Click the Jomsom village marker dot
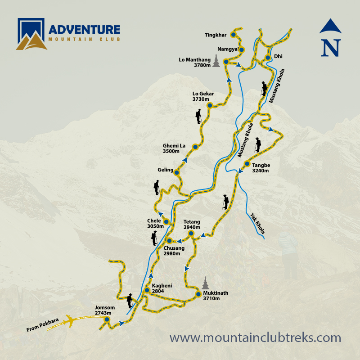coord(107,319)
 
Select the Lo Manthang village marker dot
coord(226,62)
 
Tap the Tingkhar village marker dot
coord(234,34)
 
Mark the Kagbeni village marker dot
coord(147,290)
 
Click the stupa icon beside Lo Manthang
coord(217,61)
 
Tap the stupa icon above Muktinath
coord(206,283)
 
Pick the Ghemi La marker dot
coord(195,147)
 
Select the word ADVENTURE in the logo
coord(84,30)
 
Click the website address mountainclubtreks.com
coord(255,337)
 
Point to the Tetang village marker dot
coord(191,234)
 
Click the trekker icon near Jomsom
coord(130,300)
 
